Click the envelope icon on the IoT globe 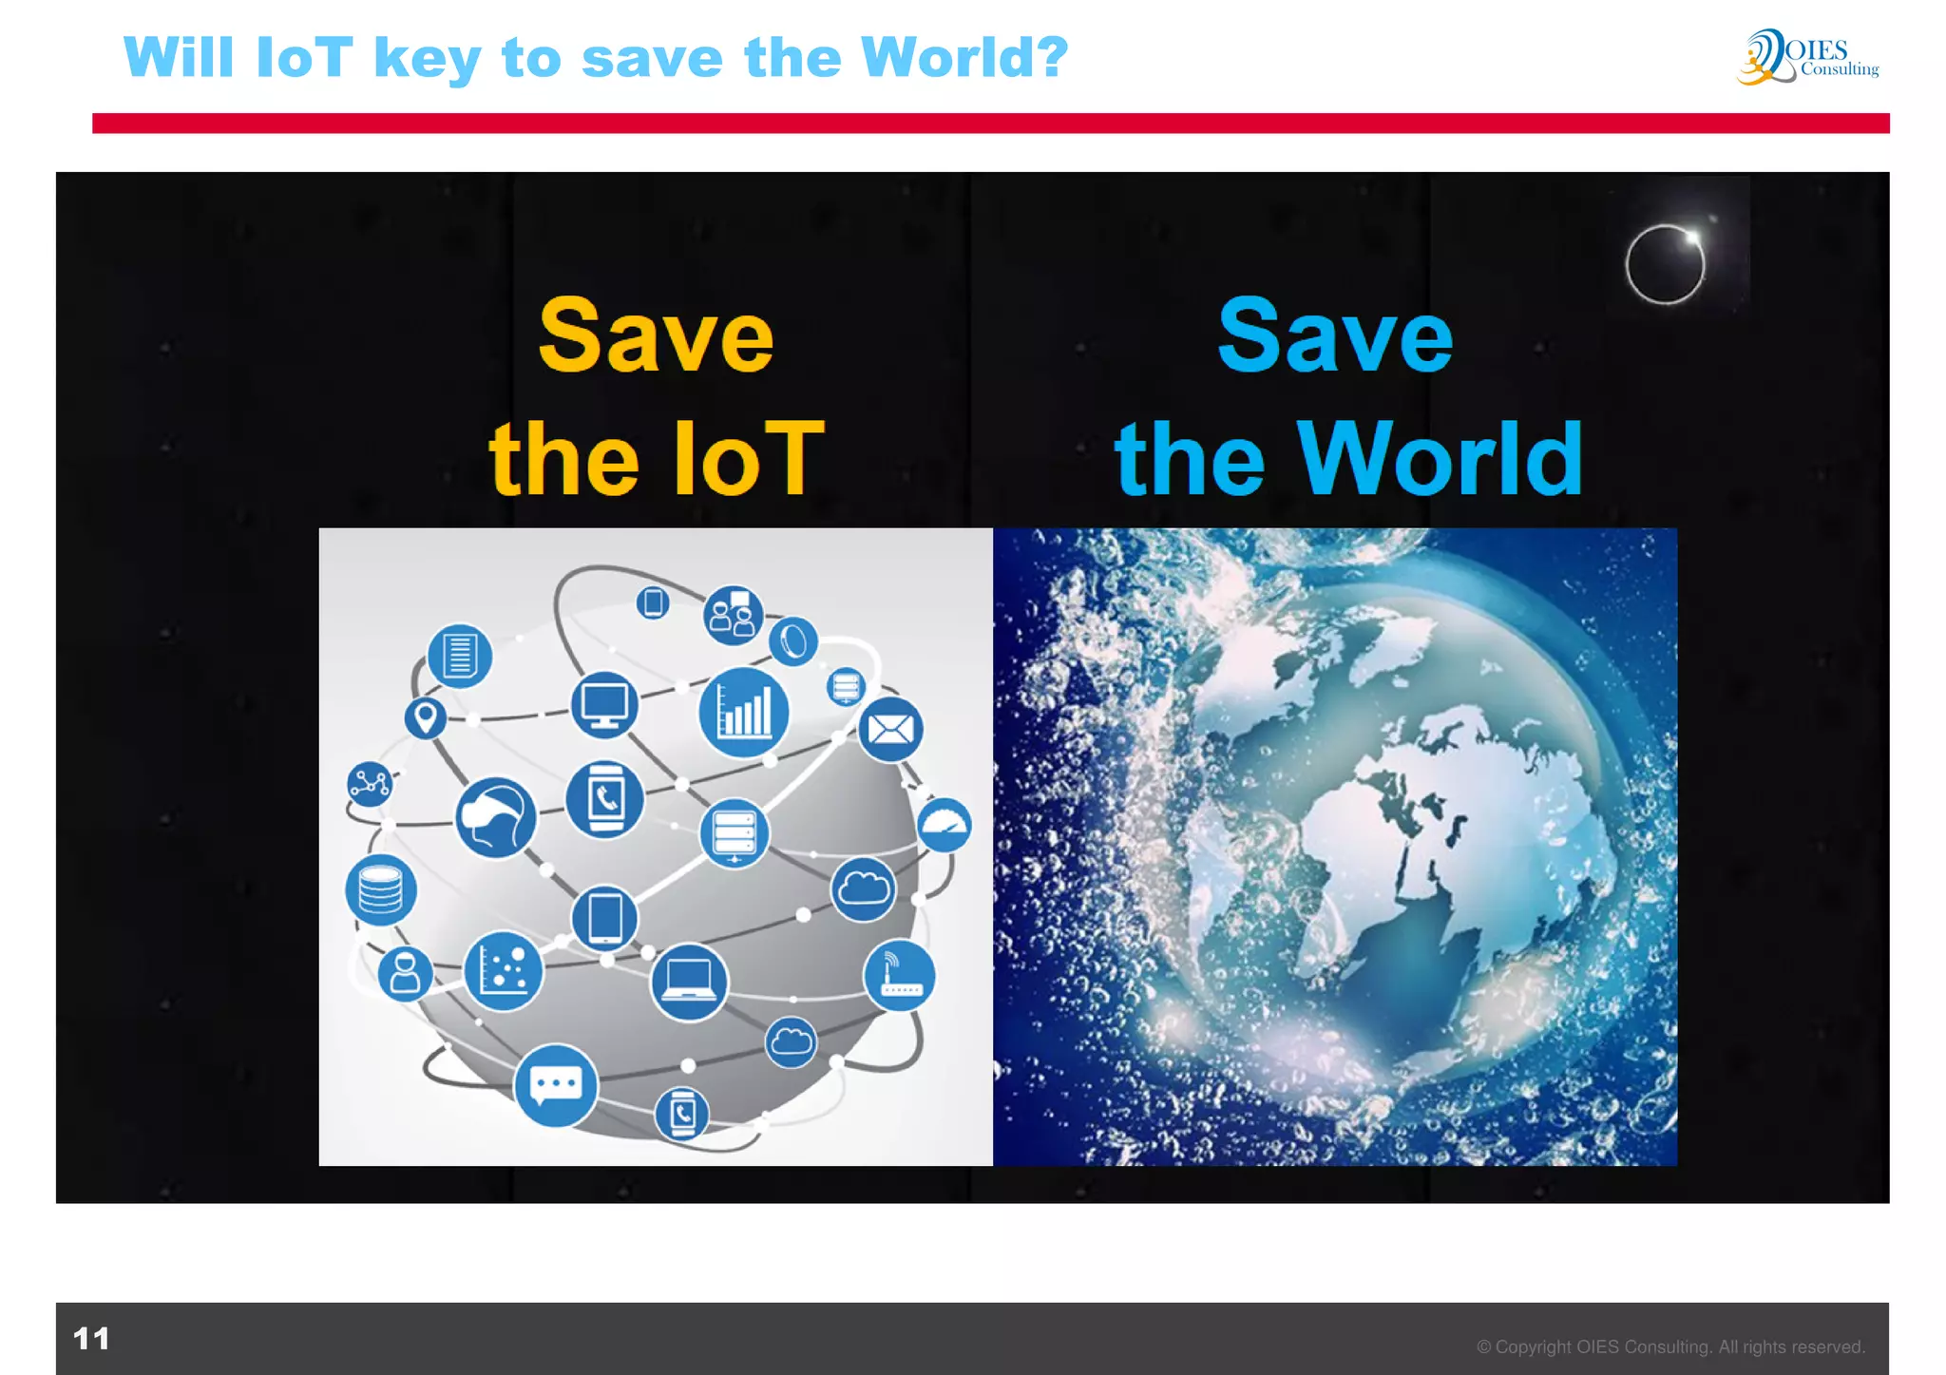[890, 730]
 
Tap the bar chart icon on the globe [743, 712]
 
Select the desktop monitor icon [604, 705]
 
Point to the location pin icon [426, 717]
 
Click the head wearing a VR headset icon [495, 817]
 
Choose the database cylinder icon [381, 890]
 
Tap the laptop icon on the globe [689, 982]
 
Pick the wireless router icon [899, 975]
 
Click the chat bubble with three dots [556, 1085]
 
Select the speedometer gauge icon [944, 825]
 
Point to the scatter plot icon [504, 970]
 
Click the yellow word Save [656, 336]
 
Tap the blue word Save [1335, 336]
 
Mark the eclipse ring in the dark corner [1665, 264]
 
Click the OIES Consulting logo [1807, 57]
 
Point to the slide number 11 [91, 1339]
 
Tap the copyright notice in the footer [1670, 1346]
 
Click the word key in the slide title [428, 59]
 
